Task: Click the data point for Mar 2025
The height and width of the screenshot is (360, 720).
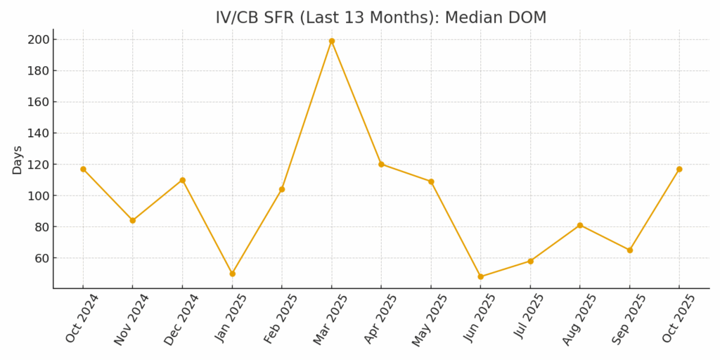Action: click(332, 41)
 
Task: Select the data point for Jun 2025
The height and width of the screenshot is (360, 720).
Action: click(481, 276)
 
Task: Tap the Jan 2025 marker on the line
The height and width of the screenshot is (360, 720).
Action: click(232, 274)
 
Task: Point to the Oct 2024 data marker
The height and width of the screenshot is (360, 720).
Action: click(83, 169)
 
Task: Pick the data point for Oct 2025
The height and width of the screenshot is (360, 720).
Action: click(679, 169)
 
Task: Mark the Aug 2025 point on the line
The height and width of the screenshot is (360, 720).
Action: click(580, 225)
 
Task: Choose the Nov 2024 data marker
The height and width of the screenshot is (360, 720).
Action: click(133, 220)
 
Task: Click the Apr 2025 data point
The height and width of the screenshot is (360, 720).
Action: click(381, 164)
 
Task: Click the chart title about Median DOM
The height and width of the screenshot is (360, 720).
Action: click(380, 18)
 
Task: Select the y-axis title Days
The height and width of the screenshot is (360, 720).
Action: click(18, 160)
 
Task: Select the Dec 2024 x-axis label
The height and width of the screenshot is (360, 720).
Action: click(181, 319)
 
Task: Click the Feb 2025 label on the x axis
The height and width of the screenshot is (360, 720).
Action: click(281, 319)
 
